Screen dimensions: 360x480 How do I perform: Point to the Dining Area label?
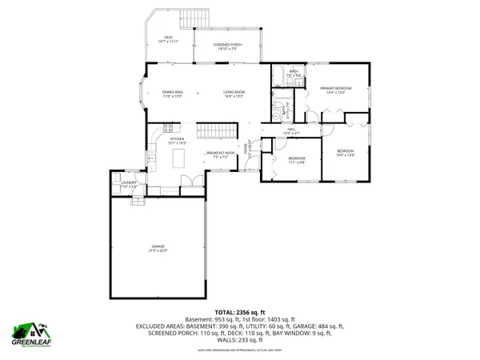pos(173,94)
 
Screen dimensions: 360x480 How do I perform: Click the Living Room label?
pos(234,94)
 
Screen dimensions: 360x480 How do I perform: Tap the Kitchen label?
pos(177,140)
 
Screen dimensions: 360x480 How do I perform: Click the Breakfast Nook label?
pos(220,154)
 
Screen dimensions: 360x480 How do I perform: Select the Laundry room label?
pos(129,184)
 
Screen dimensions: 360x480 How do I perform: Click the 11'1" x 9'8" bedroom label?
pos(296,160)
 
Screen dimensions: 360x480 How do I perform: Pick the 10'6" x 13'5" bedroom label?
pos(345,152)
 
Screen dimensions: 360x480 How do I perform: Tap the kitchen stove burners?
pos(168,127)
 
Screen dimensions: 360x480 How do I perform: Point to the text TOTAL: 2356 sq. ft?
pos(239,311)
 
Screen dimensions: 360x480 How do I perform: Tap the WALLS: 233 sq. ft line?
pos(239,342)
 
